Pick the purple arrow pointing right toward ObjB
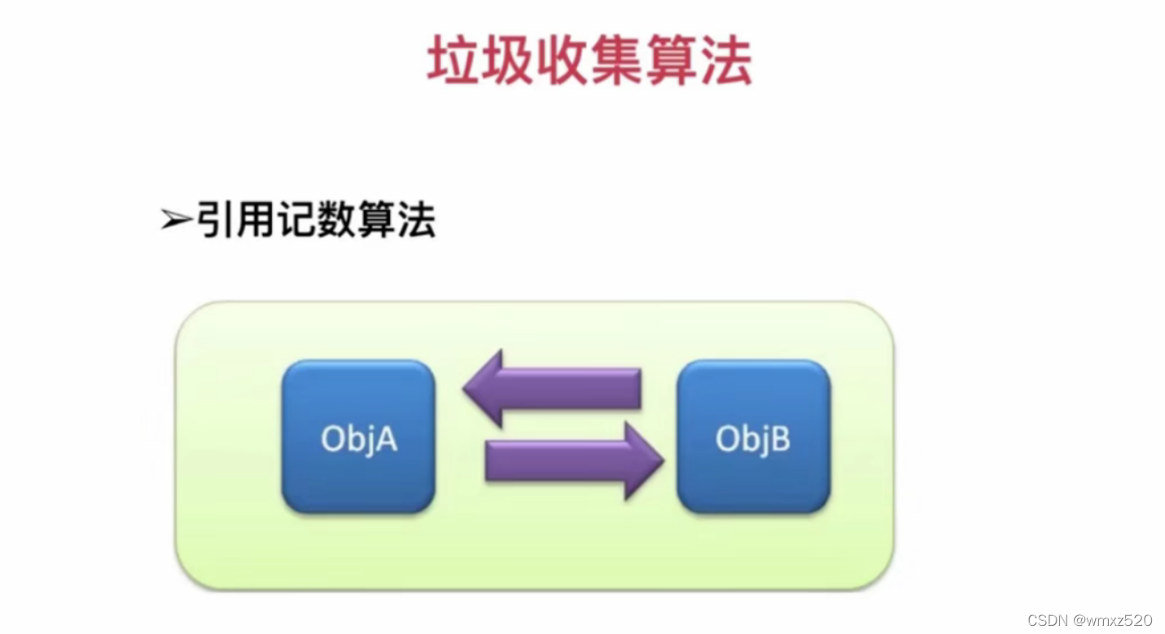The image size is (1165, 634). pyautogui.click(x=574, y=462)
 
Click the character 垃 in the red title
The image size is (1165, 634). pyautogui.click(x=453, y=61)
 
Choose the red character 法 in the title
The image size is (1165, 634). pyautogui.click(x=725, y=61)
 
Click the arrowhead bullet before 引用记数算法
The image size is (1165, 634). pyautogui.click(x=175, y=220)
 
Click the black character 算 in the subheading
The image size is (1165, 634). pyautogui.click(x=376, y=219)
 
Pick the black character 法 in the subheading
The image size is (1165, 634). pyautogui.click(x=416, y=219)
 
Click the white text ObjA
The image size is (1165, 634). pyautogui.click(x=358, y=440)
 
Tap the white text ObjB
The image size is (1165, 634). pyautogui.click(x=753, y=440)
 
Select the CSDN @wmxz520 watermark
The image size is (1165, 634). pyautogui.click(x=1089, y=620)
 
